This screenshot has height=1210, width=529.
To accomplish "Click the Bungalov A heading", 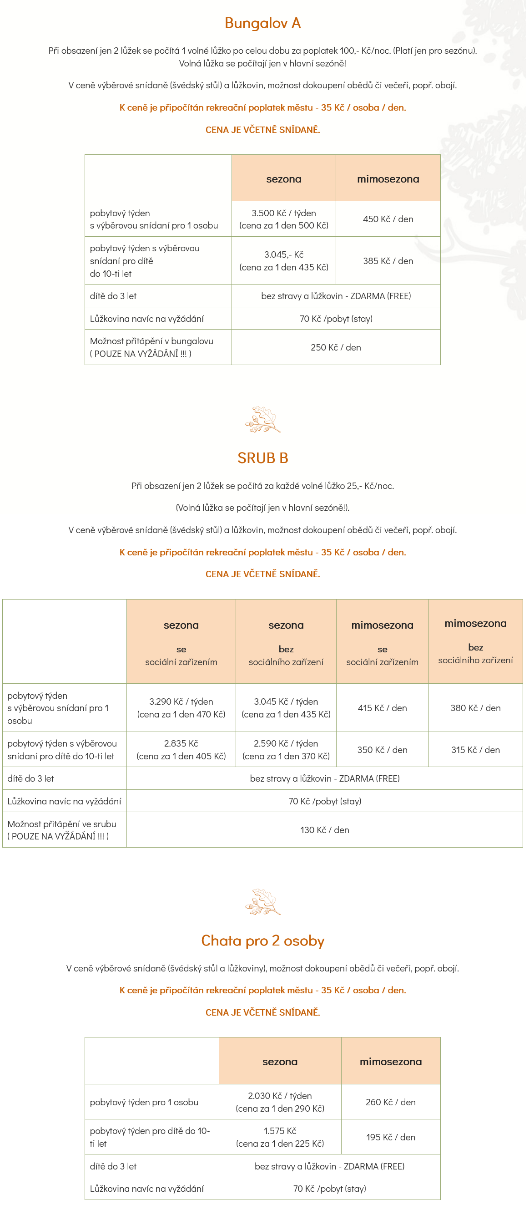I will pos(262,23).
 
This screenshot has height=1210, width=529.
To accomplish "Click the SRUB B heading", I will pos(262,458).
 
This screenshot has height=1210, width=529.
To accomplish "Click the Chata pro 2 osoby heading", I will pos(262,941).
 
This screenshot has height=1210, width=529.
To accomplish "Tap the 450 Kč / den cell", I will pos(388,219).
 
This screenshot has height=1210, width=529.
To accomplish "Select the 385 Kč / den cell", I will pos(388,261).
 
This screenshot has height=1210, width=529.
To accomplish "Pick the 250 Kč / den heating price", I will pos(336,348).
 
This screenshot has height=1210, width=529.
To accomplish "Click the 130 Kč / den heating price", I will pos(324,830).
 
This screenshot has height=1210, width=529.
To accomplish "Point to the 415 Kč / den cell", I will pos(382,708).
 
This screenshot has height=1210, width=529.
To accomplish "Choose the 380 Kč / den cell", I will pos(475,708).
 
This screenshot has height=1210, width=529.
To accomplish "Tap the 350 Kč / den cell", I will pos(382,750).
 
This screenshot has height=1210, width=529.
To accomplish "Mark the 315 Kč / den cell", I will pos(475,750).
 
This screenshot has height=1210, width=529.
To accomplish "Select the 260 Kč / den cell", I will pos(391,1102).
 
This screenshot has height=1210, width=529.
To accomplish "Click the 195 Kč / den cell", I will pos(391,1137).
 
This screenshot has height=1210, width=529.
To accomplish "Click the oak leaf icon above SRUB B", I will pos(262,419).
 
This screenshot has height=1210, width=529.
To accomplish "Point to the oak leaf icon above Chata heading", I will pos(262,902).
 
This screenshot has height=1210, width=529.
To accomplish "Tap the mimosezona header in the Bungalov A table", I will pos(388,179).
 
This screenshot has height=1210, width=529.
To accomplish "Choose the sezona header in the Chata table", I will pos(280,1062).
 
